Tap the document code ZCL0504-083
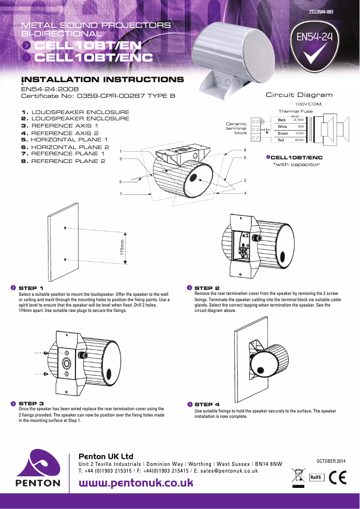321,12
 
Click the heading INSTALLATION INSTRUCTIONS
102,80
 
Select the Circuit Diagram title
299,95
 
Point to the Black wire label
282,120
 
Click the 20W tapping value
299,140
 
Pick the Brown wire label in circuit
283,133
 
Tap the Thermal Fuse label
295,111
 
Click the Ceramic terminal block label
236,128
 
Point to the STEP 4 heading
207,404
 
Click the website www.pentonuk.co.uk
136,483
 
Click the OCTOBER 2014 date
331,461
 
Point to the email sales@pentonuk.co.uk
229,471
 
